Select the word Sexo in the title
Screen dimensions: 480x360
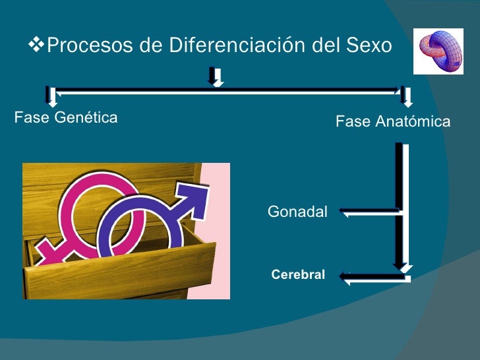(369, 46)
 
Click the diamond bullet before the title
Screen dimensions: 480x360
(38, 45)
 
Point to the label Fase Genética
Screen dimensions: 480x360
(66, 117)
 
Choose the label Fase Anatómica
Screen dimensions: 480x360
(393, 121)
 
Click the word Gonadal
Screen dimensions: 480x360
(297, 212)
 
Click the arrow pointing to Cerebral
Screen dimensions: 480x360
(373, 278)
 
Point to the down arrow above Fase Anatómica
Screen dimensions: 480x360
(406, 97)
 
